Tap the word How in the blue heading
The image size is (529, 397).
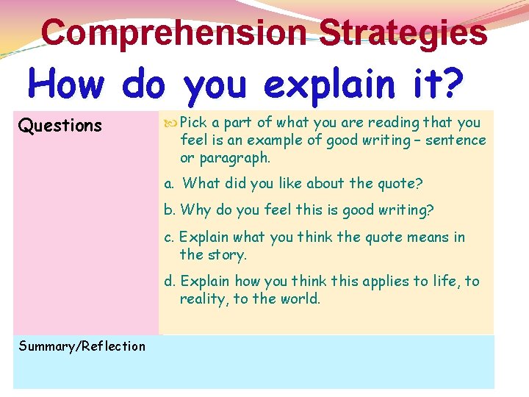point(70,85)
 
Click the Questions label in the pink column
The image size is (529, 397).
point(60,126)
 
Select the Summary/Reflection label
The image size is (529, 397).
point(82,346)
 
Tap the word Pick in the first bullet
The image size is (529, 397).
point(194,123)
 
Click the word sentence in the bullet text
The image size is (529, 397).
point(458,140)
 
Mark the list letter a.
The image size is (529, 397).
point(169,184)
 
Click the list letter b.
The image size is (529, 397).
point(169,210)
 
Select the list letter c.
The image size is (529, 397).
point(169,237)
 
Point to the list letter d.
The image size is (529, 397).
point(169,281)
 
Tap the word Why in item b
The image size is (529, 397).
point(195,210)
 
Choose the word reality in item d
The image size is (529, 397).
point(204,299)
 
